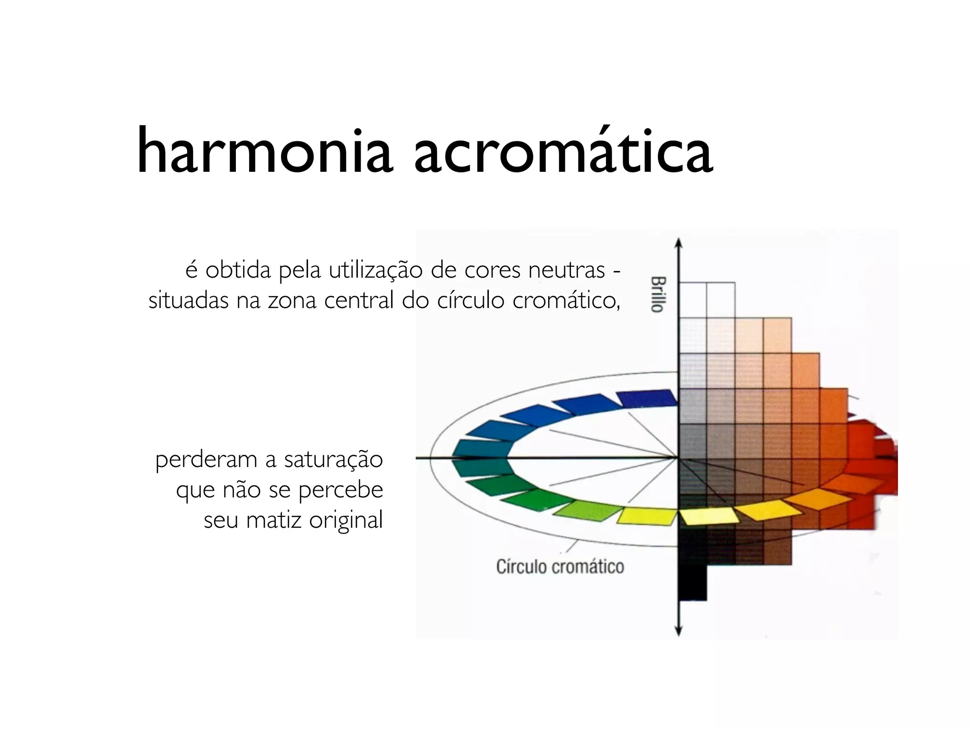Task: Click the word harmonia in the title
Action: tap(264, 151)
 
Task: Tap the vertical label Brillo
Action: tap(657, 294)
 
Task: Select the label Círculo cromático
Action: tap(560, 567)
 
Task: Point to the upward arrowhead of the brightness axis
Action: tap(679, 243)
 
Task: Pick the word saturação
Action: tap(333, 460)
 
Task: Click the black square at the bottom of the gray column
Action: tap(692, 582)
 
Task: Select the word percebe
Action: tap(340, 490)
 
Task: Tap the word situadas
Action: tap(188, 301)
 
